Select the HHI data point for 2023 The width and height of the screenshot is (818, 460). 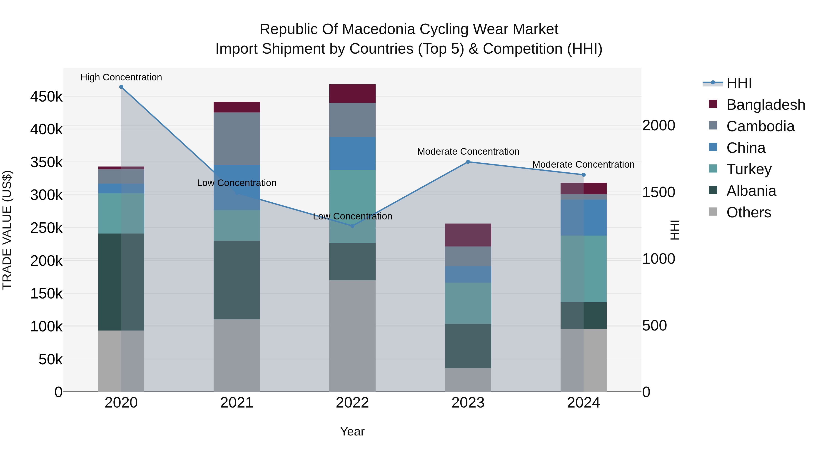point(468,162)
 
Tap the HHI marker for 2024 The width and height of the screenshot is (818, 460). point(583,175)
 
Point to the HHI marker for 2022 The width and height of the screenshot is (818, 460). point(352,226)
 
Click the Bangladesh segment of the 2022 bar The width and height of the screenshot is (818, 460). point(352,94)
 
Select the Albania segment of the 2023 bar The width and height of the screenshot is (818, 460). point(468,346)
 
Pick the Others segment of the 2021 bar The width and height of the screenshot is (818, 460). point(237,355)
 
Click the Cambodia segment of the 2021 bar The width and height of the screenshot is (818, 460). point(237,139)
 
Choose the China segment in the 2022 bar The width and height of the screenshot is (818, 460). point(352,153)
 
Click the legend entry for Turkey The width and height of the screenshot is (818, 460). point(748,169)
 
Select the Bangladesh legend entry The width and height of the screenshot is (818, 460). point(765,105)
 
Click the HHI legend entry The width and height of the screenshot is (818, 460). point(739,83)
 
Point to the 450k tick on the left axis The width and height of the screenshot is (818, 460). point(46,97)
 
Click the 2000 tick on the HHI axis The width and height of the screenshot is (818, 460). point(658,125)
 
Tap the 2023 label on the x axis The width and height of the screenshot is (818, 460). point(468,403)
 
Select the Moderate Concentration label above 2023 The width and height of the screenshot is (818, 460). point(468,152)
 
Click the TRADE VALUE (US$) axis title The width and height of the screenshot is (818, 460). point(7,230)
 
